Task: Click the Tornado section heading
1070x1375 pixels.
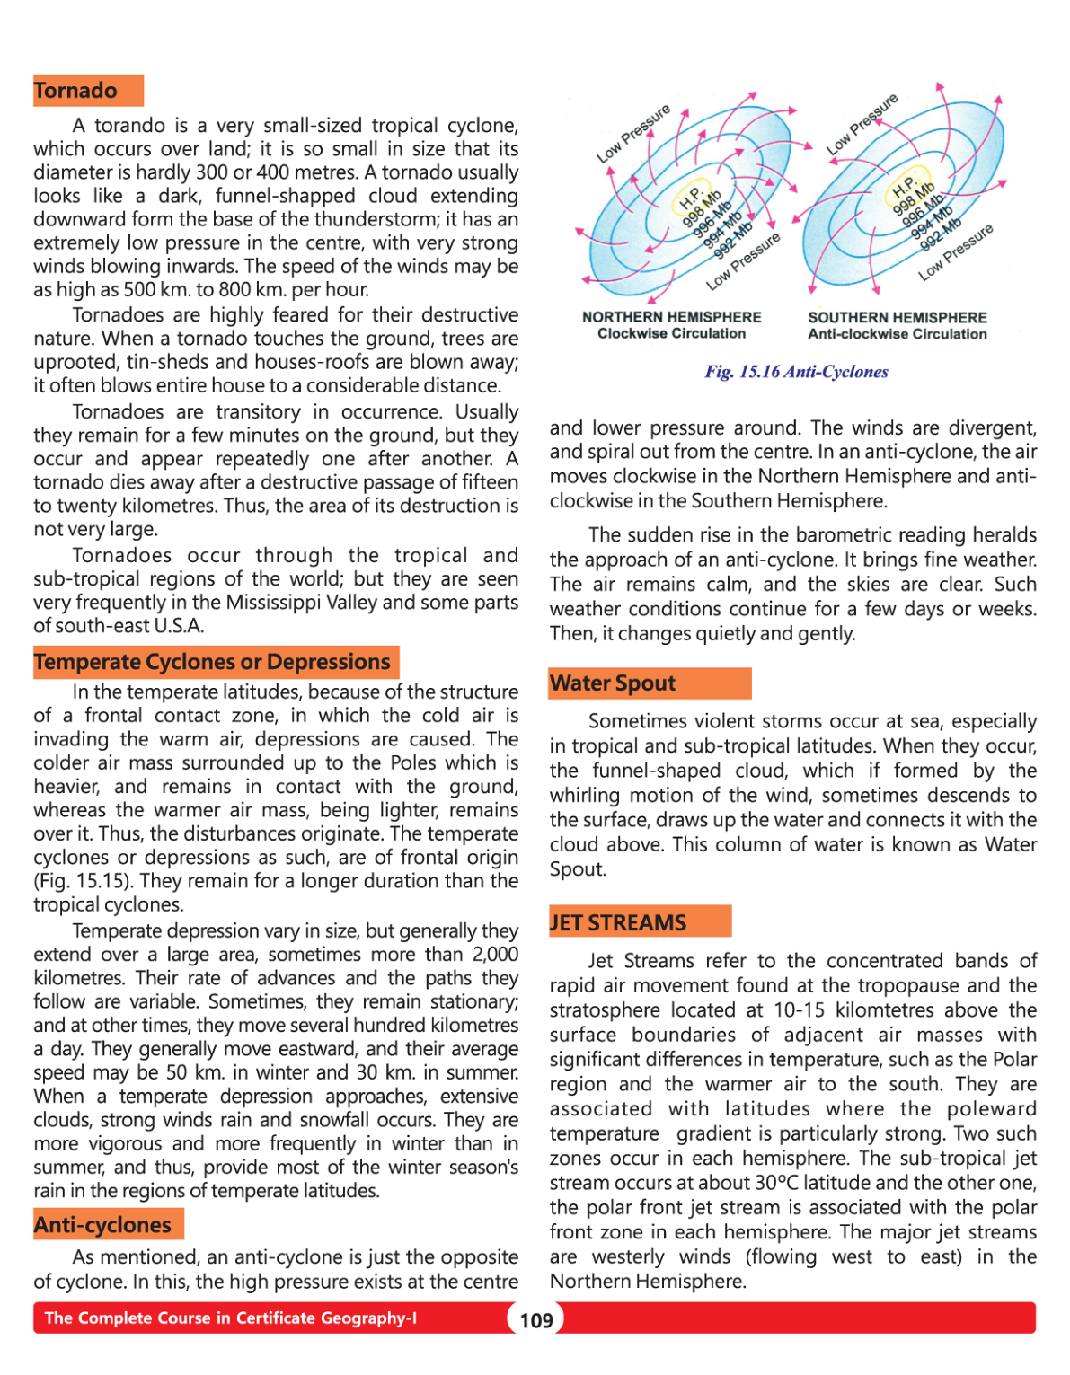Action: (75, 91)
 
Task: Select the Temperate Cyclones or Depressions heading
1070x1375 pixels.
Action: (212, 662)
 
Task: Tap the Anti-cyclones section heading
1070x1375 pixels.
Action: (102, 1225)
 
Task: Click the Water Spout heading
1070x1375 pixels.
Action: (613, 683)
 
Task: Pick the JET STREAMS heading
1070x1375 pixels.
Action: (618, 922)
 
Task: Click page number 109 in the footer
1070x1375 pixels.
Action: (536, 1320)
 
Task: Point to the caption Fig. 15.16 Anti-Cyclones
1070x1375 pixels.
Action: (796, 372)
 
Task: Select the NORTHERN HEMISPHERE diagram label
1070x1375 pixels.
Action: (671, 317)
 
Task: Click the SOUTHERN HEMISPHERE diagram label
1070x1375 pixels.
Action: (897, 317)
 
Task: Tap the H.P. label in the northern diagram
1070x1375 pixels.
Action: (690, 198)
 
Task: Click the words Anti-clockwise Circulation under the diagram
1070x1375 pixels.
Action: (897, 334)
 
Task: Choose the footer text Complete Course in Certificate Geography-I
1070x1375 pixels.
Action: (231, 1318)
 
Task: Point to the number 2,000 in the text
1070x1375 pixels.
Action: (495, 954)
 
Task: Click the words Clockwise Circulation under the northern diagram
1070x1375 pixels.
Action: (671, 333)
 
